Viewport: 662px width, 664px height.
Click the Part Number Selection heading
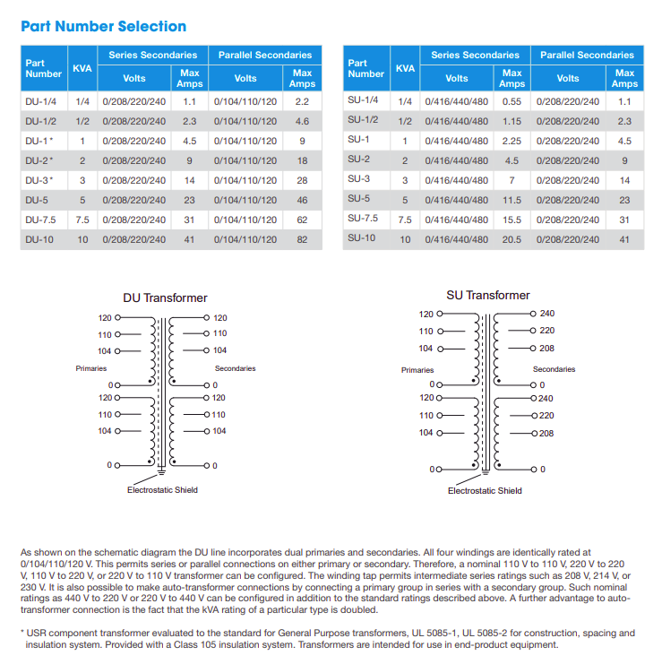pyautogui.click(x=103, y=26)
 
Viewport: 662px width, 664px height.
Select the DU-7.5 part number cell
pyautogui.click(x=41, y=220)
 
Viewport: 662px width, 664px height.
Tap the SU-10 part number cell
pyautogui.click(x=363, y=238)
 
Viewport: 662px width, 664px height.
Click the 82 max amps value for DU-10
pyautogui.click(x=302, y=239)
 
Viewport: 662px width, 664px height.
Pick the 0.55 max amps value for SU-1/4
pyautogui.click(x=512, y=101)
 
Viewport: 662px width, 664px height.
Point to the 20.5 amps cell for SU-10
pyautogui.click(x=512, y=239)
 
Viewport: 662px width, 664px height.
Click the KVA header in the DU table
pyautogui.click(x=82, y=68)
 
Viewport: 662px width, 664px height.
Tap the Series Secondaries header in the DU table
pyautogui.click(x=153, y=55)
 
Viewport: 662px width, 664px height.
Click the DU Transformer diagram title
pyautogui.click(x=165, y=298)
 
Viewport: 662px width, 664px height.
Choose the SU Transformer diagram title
pyautogui.click(x=488, y=295)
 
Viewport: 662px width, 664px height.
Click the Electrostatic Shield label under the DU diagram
pyautogui.click(x=162, y=489)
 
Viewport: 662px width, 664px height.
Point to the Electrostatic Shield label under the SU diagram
pyautogui.click(x=485, y=490)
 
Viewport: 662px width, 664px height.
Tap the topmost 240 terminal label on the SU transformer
pyautogui.click(x=547, y=314)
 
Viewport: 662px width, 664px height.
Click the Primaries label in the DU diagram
pyautogui.click(x=90, y=368)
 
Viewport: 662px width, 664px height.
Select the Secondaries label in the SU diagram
pyautogui.click(x=554, y=369)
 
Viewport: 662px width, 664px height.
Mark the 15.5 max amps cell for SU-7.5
pyautogui.click(x=512, y=220)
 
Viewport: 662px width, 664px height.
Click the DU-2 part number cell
pyautogui.click(x=39, y=160)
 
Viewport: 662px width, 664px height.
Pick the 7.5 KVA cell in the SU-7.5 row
pyautogui.click(x=405, y=220)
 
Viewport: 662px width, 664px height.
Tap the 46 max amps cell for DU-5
pyautogui.click(x=302, y=200)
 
